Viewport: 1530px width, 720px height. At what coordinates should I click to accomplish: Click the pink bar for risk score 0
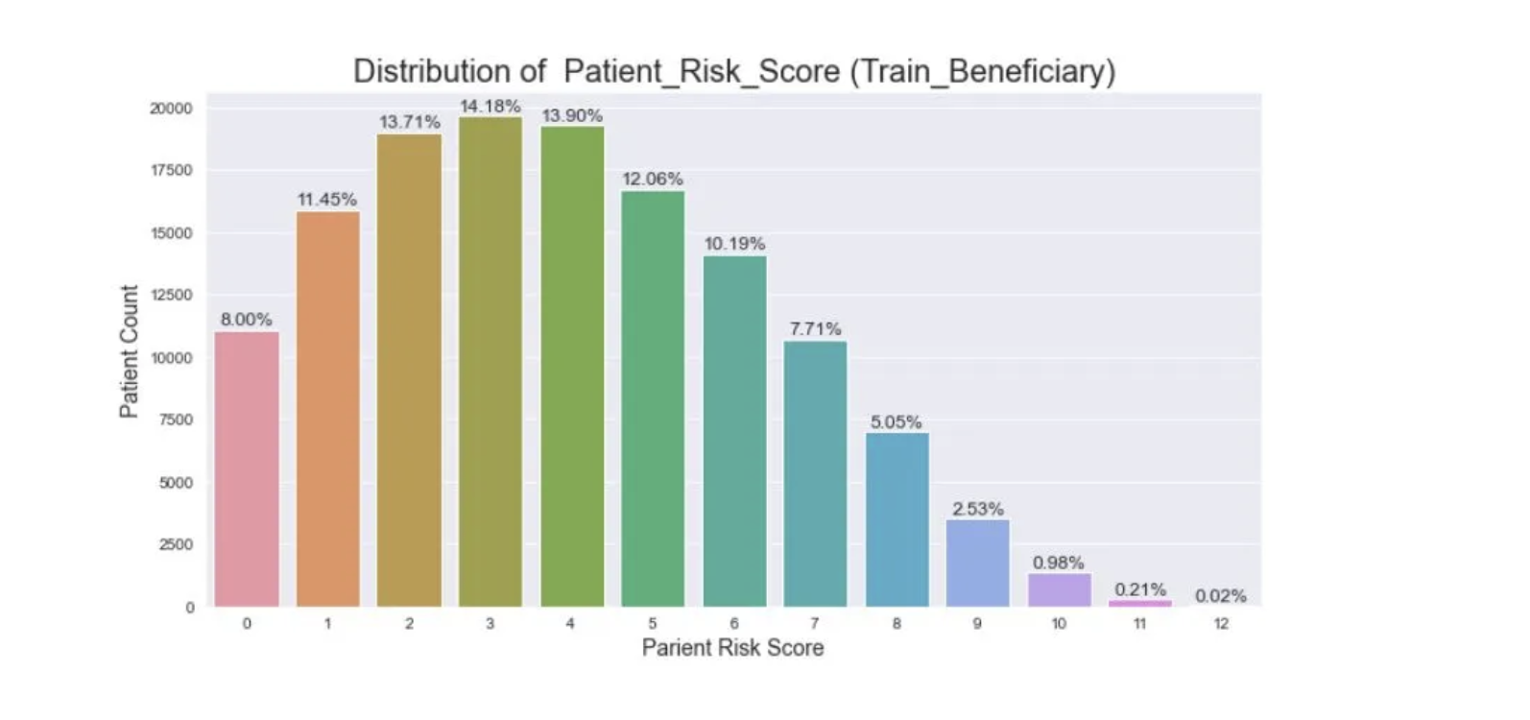pyautogui.click(x=247, y=470)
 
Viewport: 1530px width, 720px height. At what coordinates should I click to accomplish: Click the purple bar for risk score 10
pyautogui.click(x=1059, y=590)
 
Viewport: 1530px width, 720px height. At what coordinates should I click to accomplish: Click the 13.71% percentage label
pyautogui.click(x=409, y=122)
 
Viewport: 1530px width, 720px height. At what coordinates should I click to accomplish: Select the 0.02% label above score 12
pyautogui.click(x=1220, y=596)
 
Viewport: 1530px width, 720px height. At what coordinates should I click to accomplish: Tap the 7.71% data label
pyautogui.click(x=815, y=329)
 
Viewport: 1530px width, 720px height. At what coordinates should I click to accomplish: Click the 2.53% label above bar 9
pyautogui.click(x=977, y=509)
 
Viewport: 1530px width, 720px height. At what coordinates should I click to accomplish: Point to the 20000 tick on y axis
pyautogui.click(x=171, y=108)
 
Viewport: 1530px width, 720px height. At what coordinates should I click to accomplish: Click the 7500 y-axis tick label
pyautogui.click(x=176, y=420)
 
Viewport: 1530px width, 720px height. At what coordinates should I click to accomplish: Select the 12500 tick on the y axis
pyautogui.click(x=171, y=295)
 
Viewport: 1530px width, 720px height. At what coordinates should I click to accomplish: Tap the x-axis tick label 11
pyautogui.click(x=1139, y=624)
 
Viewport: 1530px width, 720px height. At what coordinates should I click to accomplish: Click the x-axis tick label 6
pyautogui.click(x=734, y=624)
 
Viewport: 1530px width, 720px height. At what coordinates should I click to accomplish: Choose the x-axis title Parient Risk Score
pyautogui.click(x=732, y=648)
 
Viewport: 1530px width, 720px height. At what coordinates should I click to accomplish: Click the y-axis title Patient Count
pyautogui.click(x=129, y=351)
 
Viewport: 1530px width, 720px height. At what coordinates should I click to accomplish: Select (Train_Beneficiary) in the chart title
pyautogui.click(x=982, y=71)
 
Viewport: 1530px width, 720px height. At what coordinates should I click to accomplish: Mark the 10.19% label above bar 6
pyautogui.click(x=734, y=244)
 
